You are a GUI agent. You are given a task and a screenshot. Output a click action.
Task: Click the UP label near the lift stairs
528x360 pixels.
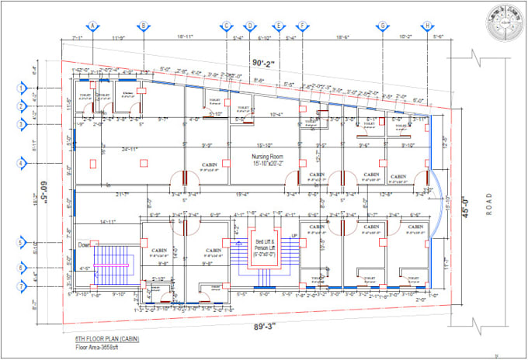pos(293,235)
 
